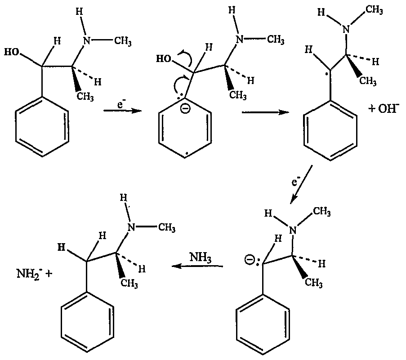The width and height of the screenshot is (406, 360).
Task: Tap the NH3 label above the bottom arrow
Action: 201,258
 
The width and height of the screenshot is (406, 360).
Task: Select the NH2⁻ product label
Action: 28,273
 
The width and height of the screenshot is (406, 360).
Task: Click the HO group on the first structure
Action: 12,52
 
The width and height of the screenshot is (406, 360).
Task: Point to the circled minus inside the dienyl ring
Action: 185,109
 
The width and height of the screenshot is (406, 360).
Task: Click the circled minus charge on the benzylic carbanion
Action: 250,260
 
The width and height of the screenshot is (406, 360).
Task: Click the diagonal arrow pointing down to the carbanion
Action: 301,184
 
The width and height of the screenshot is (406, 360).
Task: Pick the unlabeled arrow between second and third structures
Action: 265,112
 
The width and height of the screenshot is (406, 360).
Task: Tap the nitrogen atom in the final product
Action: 131,227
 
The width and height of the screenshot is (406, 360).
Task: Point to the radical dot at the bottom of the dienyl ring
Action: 186,156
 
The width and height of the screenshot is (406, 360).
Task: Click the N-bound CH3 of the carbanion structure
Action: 322,212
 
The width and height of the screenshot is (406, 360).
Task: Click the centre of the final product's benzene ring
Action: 87,322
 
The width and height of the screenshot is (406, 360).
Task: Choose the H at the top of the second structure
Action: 232,10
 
